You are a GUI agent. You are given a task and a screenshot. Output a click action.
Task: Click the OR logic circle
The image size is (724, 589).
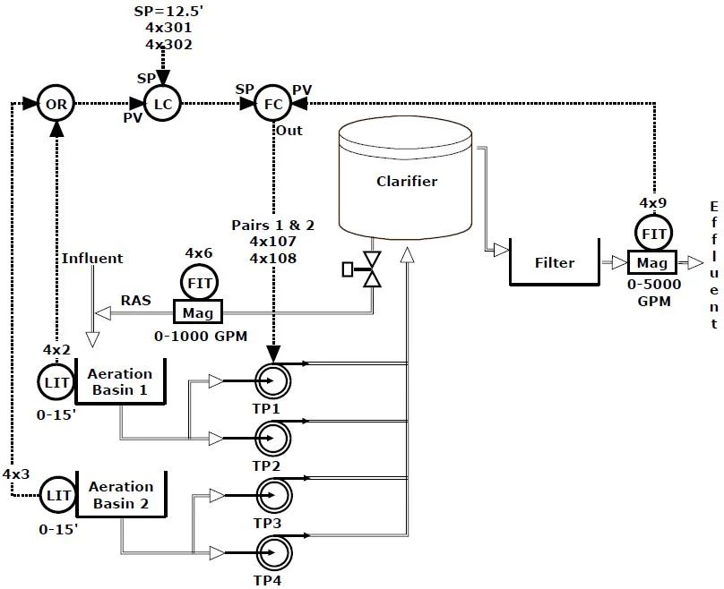56,105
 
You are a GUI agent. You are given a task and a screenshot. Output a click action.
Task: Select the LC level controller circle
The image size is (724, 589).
163,105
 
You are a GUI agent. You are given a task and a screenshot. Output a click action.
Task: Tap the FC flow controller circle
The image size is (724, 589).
274,105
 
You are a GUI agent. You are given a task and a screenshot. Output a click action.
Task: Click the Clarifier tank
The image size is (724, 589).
406,179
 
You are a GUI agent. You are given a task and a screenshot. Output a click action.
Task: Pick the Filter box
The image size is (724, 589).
555,261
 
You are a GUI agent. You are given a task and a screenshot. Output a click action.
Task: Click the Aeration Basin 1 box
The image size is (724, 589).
119,382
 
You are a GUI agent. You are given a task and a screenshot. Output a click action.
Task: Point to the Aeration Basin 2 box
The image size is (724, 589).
119,495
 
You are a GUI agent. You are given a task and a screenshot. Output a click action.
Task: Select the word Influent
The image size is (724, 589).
92,259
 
